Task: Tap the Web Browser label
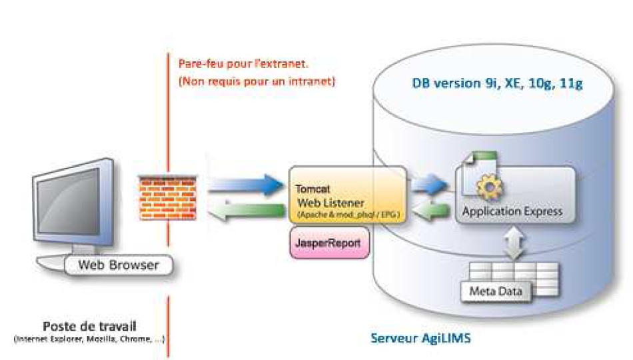point(119,265)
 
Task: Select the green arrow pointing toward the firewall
point(243,211)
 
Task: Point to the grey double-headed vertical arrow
point(512,243)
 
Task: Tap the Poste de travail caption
point(90,327)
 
